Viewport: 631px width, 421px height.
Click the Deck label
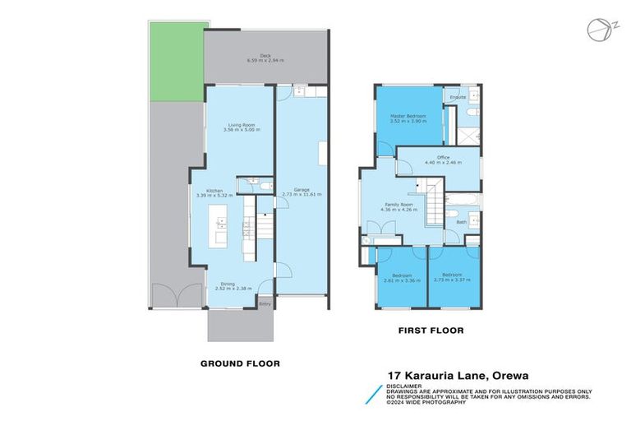pyautogui.click(x=265, y=57)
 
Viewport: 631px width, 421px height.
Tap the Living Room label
pyautogui.click(x=242, y=125)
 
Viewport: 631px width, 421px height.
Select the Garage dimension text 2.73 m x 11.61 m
pyautogui.click(x=302, y=195)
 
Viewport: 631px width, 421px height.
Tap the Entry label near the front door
pyautogui.click(x=265, y=304)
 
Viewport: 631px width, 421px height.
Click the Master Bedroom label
pyautogui.click(x=408, y=116)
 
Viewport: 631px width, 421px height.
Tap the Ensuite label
pyautogui.click(x=458, y=97)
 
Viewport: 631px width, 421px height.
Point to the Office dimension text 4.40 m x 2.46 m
pyautogui.click(x=443, y=162)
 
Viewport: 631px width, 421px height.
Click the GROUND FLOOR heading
pyautogui.click(x=241, y=363)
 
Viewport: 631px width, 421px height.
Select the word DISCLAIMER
pyautogui.click(x=406, y=383)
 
